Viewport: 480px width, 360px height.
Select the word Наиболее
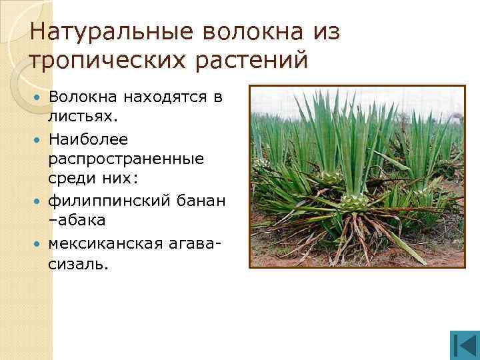(x=83, y=139)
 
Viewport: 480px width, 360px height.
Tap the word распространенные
(x=125, y=160)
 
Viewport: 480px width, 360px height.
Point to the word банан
(x=199, y=201)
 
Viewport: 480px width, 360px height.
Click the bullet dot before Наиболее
(x=38, y=139)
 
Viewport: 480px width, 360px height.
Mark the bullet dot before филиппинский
(x=38, y=201)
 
